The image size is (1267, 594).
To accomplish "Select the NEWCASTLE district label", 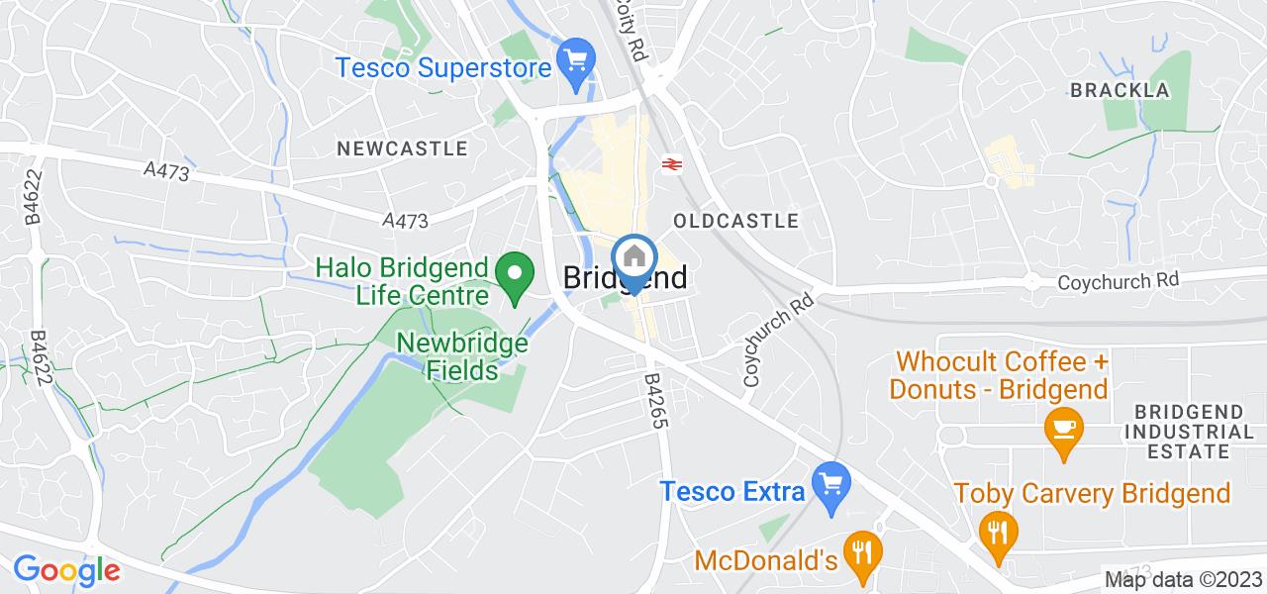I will tap(401, 148).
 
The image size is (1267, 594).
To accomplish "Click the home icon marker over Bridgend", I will tap(633, 258).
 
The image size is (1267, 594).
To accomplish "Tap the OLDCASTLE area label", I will tap(734, 220).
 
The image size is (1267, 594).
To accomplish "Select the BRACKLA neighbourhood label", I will tap(1120, 90).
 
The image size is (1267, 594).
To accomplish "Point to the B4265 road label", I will tap(655, 400).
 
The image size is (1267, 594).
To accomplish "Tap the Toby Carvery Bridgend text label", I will tap(1092, 492).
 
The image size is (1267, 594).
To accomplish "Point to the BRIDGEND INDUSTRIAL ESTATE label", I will tap(1194, 432).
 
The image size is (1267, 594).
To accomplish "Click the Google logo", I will tap(66, 570).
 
